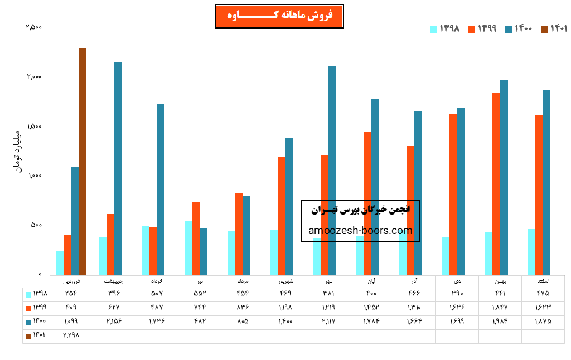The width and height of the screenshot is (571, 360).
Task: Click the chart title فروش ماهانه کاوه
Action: coord(279,16)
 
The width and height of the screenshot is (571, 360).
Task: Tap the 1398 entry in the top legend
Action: coord(444,28)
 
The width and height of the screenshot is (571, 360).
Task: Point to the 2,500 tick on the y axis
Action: coord(33,27)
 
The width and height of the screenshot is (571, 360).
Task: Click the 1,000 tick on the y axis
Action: coord(33,176)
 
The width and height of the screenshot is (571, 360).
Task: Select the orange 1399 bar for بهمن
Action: coord(496,184)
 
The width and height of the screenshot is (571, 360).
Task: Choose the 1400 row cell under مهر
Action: coord(328,322)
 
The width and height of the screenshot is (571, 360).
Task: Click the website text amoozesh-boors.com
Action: coord(360,231)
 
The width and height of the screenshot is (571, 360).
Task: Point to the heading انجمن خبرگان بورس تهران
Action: coord(360,210)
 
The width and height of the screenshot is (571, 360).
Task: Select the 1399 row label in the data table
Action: coord(36,307)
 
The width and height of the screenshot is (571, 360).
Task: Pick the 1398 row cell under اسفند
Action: coord(543,293)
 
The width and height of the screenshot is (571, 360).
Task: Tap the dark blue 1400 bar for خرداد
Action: coord(161,189)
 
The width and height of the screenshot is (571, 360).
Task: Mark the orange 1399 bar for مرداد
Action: coord(239,234)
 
